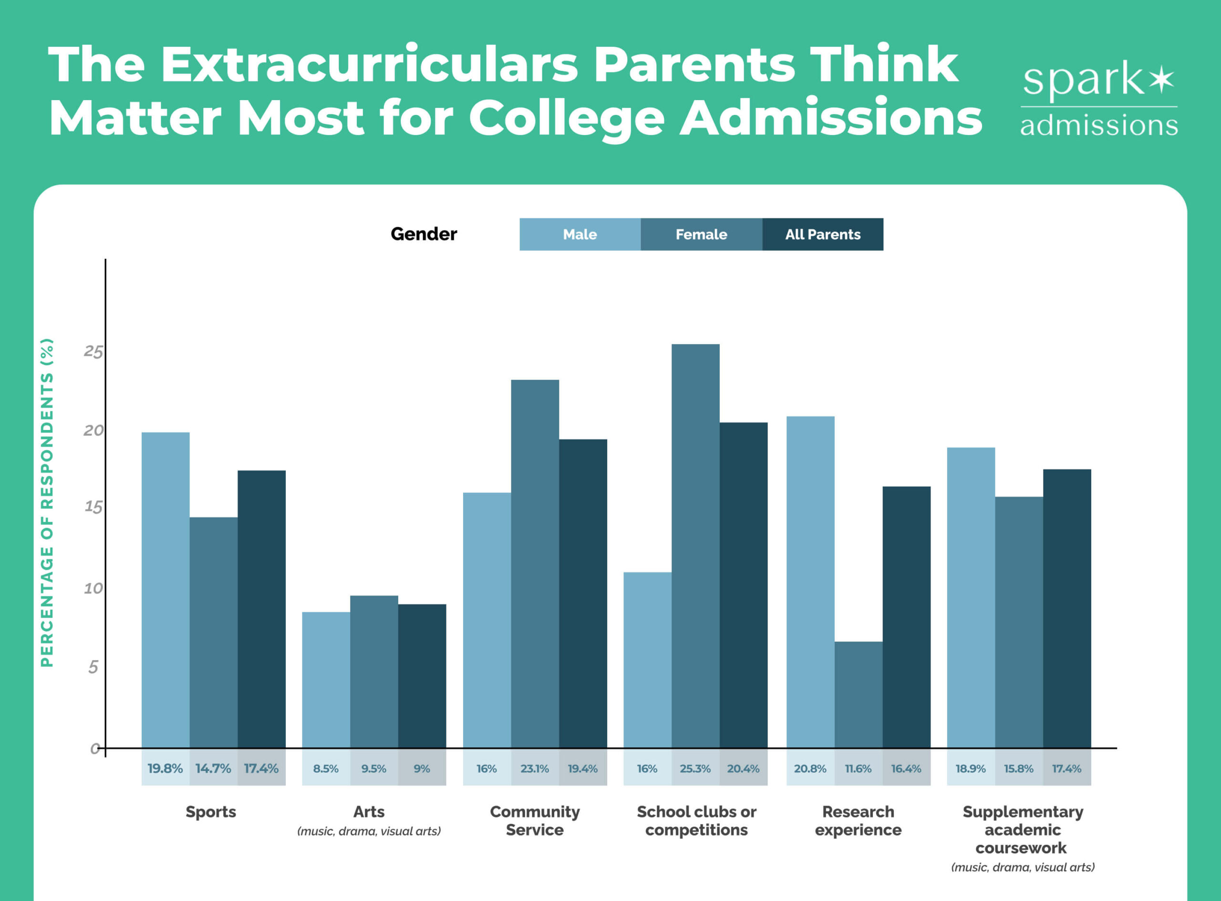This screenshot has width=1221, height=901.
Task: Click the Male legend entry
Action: [579, 235]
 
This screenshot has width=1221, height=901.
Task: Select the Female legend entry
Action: [701, 235]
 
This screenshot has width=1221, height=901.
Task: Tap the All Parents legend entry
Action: [822, 235]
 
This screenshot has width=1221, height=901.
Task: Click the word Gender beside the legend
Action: [424, 234]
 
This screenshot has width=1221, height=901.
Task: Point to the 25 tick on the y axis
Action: [93, 352]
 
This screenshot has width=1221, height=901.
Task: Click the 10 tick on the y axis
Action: [93, 588]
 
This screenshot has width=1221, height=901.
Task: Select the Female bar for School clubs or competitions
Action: [695, 545]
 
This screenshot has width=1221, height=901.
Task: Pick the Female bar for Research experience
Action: [858, 695]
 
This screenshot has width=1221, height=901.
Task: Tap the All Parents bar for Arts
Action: [422, 676]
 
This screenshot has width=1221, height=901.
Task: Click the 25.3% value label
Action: [695, 768]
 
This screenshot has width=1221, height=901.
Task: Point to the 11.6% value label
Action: [858, 768]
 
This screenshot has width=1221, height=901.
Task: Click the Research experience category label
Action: [858, 821]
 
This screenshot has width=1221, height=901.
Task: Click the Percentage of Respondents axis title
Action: [48, 502]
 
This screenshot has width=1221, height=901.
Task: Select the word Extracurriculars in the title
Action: [369, 64]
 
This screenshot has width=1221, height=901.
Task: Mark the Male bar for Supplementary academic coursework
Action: [971, 598]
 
